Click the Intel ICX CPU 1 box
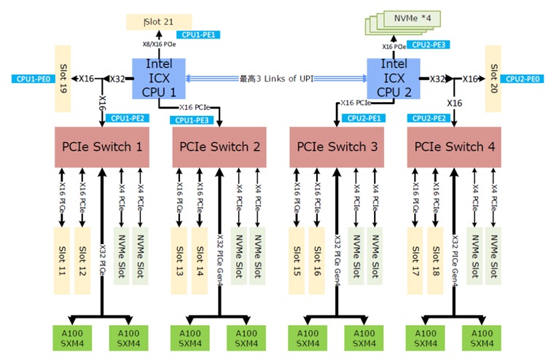159,78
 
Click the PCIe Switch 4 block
455,147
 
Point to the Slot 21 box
157,22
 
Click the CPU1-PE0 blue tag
31,78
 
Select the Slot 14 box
199,261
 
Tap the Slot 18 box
435,261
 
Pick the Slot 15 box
297,261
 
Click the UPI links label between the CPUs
277,78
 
